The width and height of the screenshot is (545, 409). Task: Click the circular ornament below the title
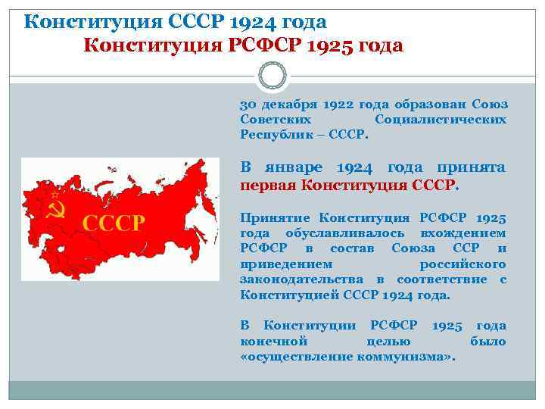pos(272,76)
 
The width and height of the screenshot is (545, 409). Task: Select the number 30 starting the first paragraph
pos(248,105)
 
